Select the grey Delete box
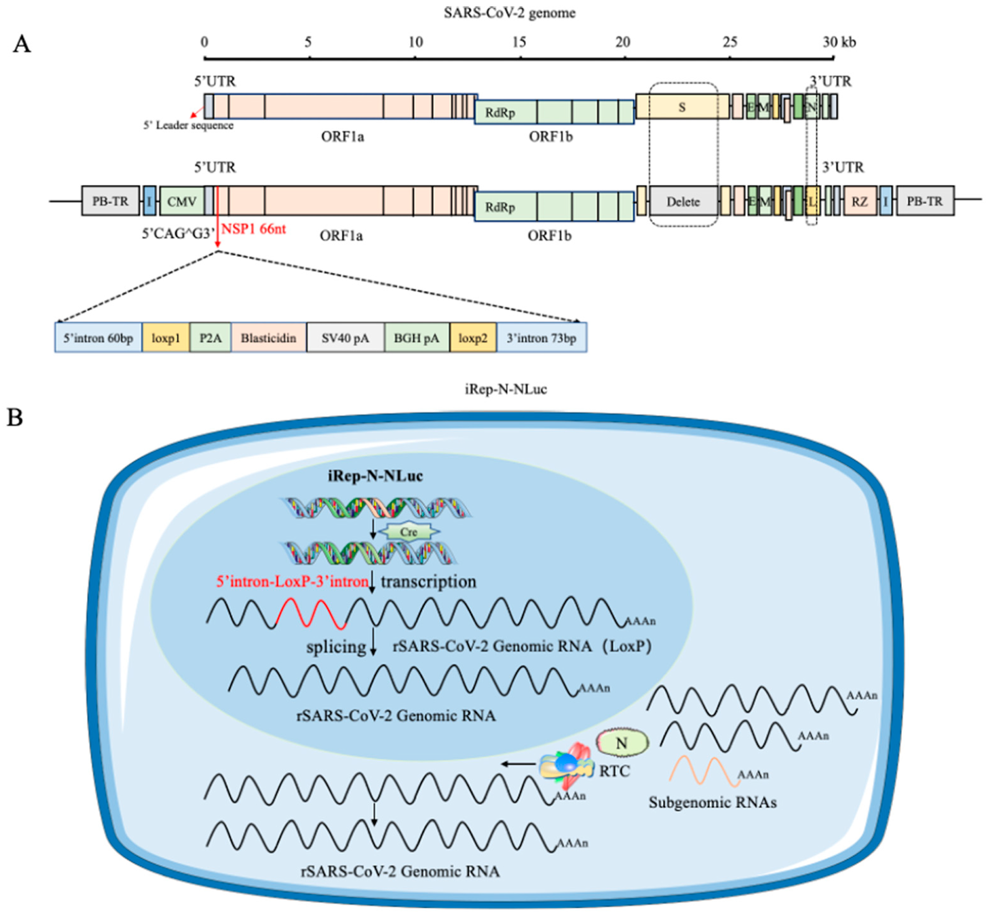[x=683, y=201]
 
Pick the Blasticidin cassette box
[x=269, y=338]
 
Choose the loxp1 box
[x=166, y=338]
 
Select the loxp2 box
[x=473, y=338]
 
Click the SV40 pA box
[x=346, y=338]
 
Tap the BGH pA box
[x=417, y=338]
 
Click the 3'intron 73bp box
[x=542, y=338]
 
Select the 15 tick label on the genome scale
[x=519, y=43]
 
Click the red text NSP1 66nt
[x=254, y=229]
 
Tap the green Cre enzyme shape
[x=409, y=532]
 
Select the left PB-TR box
[x=110, y=201]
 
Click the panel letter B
[x=15, y=417]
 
